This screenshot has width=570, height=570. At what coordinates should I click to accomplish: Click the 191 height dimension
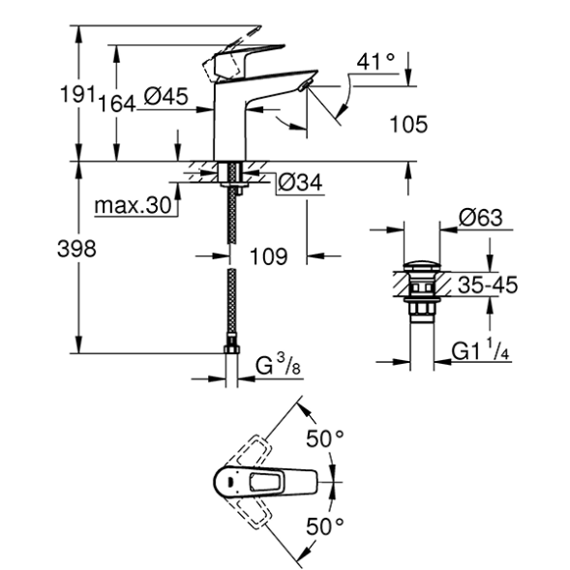[77, 94]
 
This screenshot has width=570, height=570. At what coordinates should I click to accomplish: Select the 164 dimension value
[117, 104]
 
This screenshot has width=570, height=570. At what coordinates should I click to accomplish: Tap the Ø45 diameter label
[165, 97]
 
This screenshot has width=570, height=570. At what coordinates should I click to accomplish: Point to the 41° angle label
[375, 62]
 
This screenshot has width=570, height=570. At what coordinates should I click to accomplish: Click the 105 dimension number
[408, 124]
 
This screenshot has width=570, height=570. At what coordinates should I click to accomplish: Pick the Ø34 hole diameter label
[300, 182]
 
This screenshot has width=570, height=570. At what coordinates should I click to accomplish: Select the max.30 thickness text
[133, 205]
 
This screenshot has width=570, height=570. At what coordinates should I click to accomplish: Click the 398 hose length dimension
[76, 249]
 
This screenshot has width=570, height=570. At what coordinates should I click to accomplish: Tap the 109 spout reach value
[269, 256]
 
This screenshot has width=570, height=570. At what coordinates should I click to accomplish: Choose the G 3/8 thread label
[278, 365]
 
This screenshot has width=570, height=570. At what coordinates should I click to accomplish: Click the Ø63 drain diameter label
[481, 218]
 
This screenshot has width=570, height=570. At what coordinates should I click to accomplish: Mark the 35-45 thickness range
[488, 285]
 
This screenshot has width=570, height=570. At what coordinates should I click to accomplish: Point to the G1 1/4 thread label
[480, 349]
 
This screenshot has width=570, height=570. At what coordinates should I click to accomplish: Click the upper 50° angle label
[324, 438]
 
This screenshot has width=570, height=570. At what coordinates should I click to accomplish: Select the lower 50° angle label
[324, 526]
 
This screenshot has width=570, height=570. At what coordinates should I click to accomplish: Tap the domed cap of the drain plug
[422, 266]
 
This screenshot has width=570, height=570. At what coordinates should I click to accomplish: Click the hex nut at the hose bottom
[231, 349]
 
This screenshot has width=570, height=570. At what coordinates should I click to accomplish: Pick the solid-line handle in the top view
[265, 482]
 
